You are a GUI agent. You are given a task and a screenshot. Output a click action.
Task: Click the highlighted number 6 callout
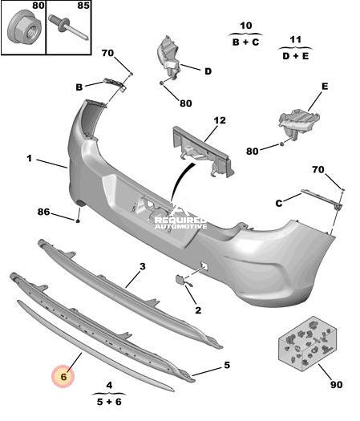(x=63, y=376)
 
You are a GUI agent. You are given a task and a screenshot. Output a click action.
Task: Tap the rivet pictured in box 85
(x=68, y=28)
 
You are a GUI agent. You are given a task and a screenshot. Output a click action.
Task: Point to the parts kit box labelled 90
(x=307, y=344)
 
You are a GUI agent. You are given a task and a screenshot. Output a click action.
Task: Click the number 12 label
(x=220, y=120)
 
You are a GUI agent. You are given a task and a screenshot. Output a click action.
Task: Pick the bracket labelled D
(x=168, y=59)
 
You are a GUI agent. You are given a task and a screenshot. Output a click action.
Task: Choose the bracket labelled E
(x=299, y=123)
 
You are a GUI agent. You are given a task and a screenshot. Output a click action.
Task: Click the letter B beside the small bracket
(x=79, y=87)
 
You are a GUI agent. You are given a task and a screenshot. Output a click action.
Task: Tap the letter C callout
(x=279, y=203)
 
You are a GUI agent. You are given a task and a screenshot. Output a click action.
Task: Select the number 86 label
(x=44, y=212)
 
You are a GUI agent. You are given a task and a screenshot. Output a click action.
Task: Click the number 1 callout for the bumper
(x=29, y=158)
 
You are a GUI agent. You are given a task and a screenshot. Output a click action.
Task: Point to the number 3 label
(x=143, y=266)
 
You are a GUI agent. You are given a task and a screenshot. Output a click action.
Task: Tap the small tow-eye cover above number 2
(x=180, y=280)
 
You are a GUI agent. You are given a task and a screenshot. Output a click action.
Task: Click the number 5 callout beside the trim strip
(x=227, y=365)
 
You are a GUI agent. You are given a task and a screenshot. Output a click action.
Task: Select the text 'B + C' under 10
(x=245, y=43)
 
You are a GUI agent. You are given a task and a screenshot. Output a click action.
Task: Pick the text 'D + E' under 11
(x=296, y=56)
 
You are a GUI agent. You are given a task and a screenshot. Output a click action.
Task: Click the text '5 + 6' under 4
(x=109, y=402)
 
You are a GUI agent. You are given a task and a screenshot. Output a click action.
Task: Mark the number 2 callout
(x=198, y=310)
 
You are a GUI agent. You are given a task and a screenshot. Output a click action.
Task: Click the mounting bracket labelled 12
(x=203, y=152)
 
